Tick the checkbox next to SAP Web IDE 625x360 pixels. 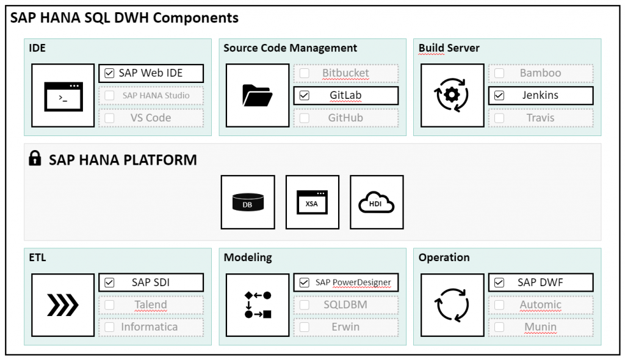click(x=109, y=73)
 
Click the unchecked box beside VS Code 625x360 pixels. click(x=109, y=118)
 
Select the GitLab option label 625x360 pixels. click(x=345, y=95)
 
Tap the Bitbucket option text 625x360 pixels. click(x=345, y=73)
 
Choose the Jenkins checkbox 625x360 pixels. click(x=499, y=96)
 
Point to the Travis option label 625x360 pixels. click(x=540, y=118)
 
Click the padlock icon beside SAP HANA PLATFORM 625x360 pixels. click(x=35, y=158)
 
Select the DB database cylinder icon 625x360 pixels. click(x=248, y=202)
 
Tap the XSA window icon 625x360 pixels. click(x=312, y=202)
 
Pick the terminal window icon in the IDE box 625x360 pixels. click(x=63, y=96)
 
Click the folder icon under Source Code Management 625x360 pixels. click(x=258, y=96)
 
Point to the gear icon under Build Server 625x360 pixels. click(x=452, y=95)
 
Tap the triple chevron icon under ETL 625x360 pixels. click(x=63, y=305)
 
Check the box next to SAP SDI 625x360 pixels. click(x=109, y=283)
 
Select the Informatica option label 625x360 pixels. click(x=149, y=327)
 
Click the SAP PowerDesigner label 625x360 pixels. click(x=353, y=283)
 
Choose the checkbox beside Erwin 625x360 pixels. click(x=304, y=327)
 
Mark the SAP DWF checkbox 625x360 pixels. click(x=499, y=283)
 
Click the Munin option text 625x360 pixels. click(x=540, y=327)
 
